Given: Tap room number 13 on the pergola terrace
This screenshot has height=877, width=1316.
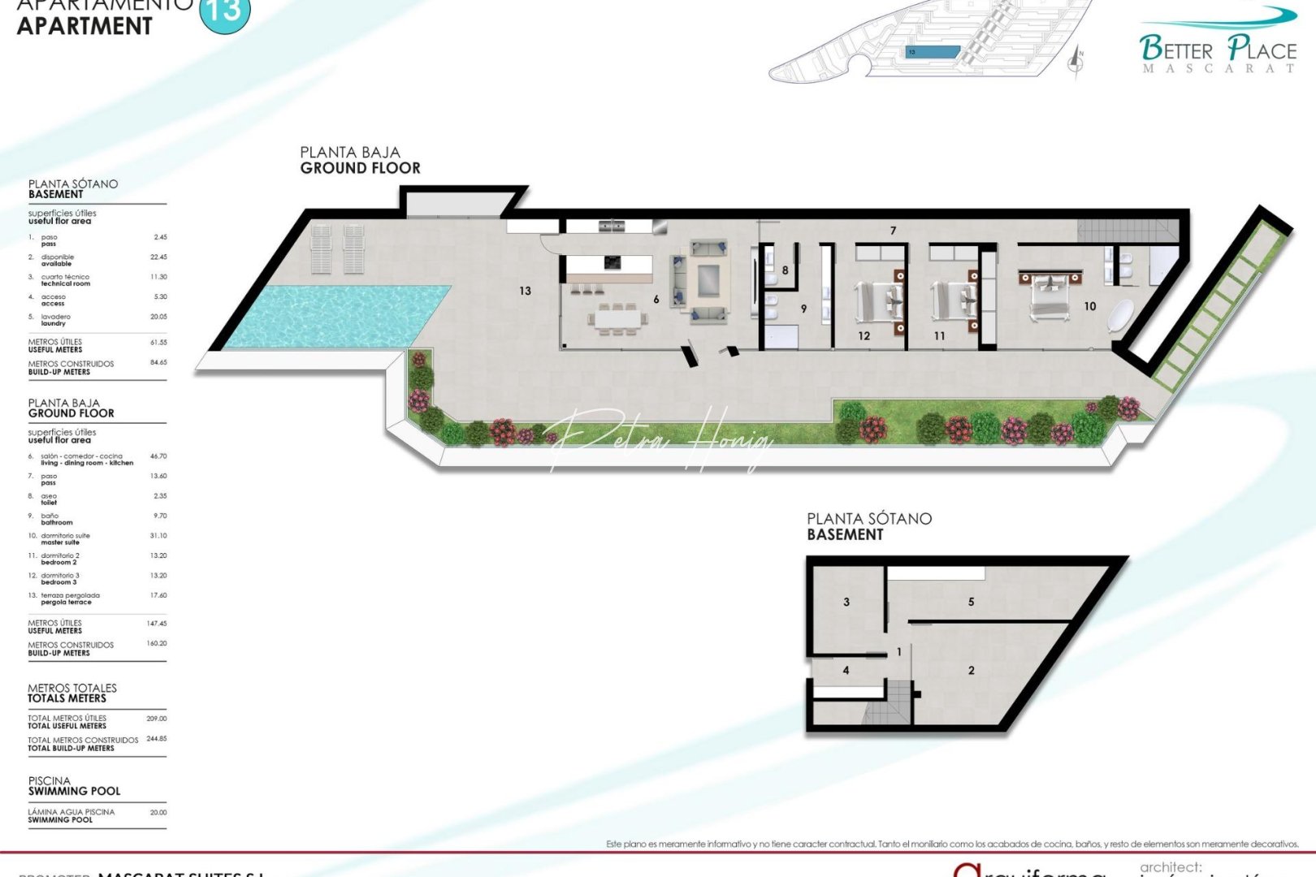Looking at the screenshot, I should pos(525,291).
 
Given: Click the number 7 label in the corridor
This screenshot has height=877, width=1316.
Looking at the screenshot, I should pos(893,231).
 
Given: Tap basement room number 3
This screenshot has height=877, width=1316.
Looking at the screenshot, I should pos(846,602).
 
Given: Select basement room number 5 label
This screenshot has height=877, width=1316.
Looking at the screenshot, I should pos(971,602).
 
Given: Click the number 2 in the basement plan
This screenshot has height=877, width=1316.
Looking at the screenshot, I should pos(972,670).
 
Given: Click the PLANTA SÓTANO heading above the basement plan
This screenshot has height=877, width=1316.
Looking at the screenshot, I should pos(868,518).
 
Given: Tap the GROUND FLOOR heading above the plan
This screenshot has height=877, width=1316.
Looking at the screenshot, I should pos(360,168).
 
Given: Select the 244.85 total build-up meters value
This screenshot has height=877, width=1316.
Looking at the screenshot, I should pos(157,739).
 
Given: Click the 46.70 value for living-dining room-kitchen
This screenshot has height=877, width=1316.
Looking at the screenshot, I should pos(158,456).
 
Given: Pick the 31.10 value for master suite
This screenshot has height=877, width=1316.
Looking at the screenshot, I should pos(158,536).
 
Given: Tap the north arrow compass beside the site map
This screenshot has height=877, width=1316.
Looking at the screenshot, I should pos(1078,61).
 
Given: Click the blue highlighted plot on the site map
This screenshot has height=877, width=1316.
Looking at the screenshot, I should pos(933,52).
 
